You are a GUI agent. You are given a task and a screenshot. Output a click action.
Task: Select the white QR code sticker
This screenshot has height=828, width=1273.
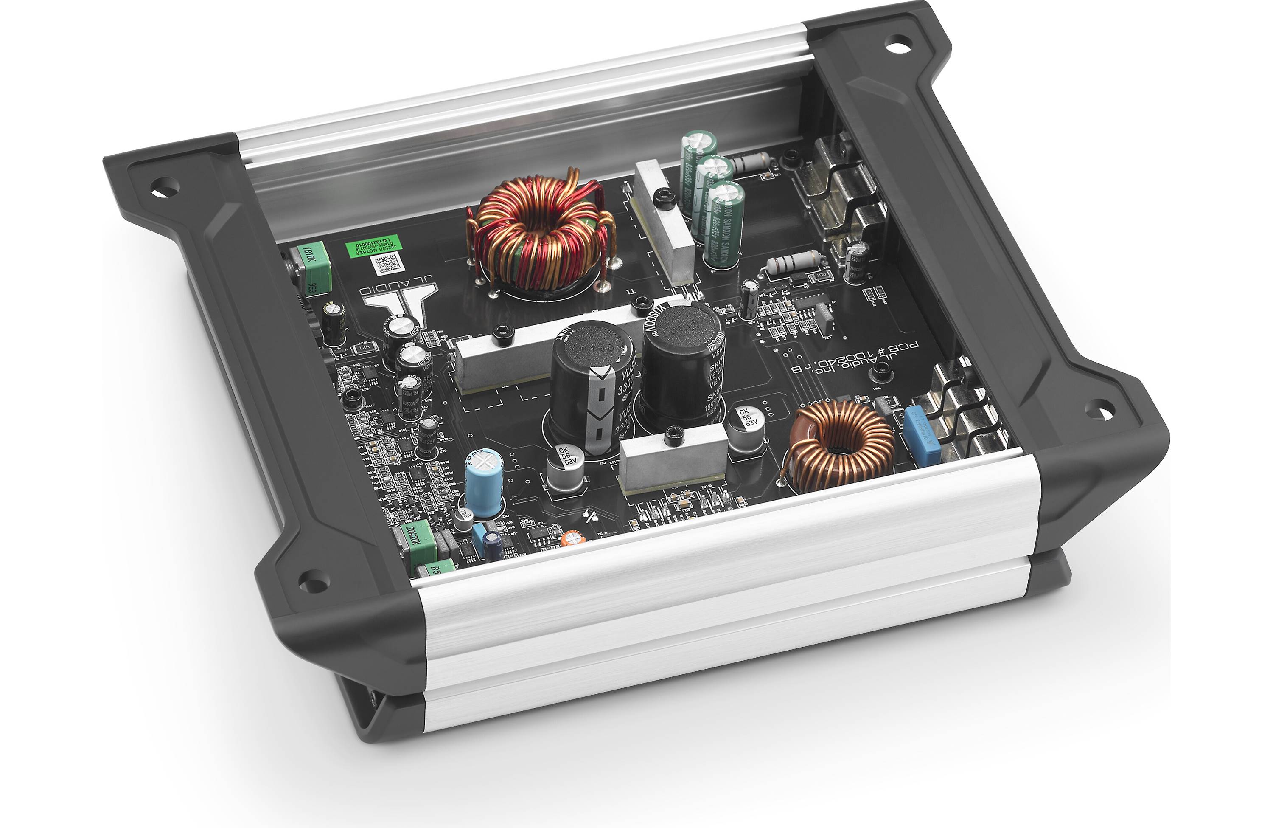386,263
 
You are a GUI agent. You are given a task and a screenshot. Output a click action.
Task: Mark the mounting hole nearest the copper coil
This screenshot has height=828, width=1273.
1099,409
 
